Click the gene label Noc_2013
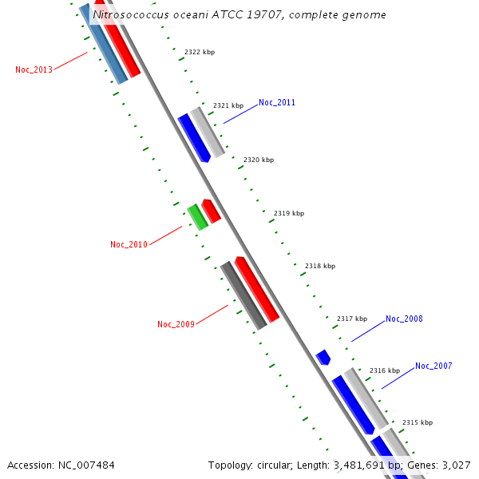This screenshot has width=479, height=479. click(x=34, y=69)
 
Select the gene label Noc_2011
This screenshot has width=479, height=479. click(x=277, y=102)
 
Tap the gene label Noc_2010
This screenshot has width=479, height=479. click(x=129, y=244)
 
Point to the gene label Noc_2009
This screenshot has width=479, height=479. click(x=176, y=324)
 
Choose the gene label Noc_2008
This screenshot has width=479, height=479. click(x=404, y=319)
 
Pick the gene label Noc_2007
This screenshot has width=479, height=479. click(x=433, y=366)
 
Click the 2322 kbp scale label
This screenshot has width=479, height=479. click(x=199, y=52)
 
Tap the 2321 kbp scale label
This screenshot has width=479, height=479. click(x=228, y=105)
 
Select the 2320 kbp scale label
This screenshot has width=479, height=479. click(x=258, y=160)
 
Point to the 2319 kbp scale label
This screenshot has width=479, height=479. click(x=288, y=213)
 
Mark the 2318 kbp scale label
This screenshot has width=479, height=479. click(x=319, y=266)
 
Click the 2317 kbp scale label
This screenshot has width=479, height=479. click(x=351, y=319)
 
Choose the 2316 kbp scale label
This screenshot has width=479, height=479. click(x=384, y=370)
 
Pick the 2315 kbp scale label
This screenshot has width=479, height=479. click(x=417, y=422)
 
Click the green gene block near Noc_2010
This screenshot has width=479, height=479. click(x=197, y=217)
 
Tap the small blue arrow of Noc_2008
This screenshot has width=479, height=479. click(x=323, y=357)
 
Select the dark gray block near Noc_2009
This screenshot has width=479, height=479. click(x=243, y=295)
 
